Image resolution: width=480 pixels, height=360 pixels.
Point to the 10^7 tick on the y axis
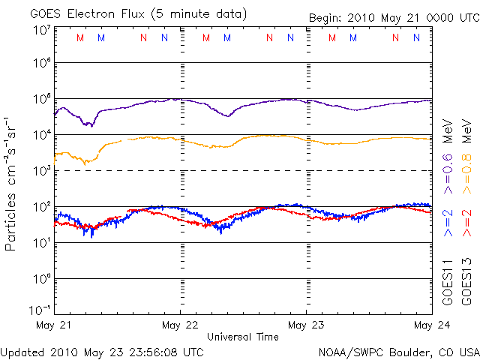[41, 29]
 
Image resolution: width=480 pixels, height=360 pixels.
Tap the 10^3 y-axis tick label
[41, 171]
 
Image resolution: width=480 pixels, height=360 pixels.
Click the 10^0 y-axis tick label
[41, 279]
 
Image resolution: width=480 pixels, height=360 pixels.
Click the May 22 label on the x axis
[180, 325]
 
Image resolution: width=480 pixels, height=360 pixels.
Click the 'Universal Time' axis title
[243, 337]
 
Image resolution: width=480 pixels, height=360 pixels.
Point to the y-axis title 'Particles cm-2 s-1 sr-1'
[13, 183]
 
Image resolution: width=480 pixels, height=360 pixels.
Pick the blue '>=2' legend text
[448, 223]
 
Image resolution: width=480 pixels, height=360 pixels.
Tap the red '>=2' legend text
[466, 223]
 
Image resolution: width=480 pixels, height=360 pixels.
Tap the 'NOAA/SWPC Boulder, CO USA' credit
[398, 351]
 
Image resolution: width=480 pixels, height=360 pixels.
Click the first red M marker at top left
[80, 37]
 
